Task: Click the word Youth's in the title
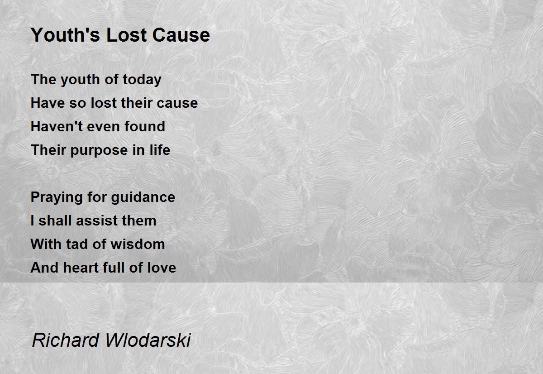pyautogui.click(x=65, y=35)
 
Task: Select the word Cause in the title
pyautogui.click(x=181, y=35)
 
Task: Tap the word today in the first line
pyautogui.click(x=142, y=80)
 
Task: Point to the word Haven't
pyautogui.click(x=57, y=126)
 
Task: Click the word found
pyautogui.click(x=145, y=126)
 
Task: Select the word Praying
pyautogui.click(x=57, y=197)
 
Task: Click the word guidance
pyautogui.click(x=143, y=197)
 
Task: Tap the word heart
pyautogui.click(x=81, y=268)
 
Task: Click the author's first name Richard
pyautogui.click(x=66, y=340)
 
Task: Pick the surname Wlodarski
pyautogui.click(x=148, y=340)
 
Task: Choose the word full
pyautogui.click(x=114, y=268)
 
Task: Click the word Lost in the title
pyautogui.click(x=126, y=35)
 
